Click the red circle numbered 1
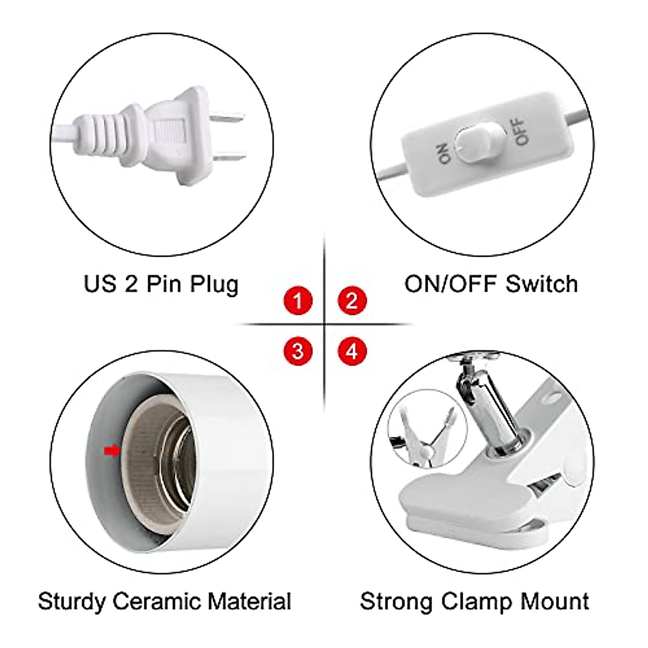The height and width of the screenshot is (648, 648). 298,300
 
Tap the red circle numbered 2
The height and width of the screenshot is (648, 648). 352,300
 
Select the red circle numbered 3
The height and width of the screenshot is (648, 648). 298,352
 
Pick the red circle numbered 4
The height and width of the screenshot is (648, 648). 352,352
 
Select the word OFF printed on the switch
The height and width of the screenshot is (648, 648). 519,131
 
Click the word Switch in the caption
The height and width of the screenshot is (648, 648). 542,283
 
